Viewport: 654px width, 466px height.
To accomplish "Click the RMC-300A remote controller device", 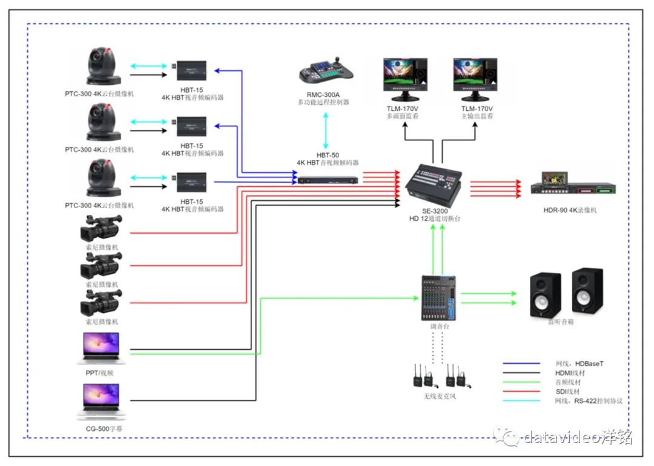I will [326, 73].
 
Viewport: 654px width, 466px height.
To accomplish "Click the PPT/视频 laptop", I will [102, 348].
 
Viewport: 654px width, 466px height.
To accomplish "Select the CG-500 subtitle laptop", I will [102, 402].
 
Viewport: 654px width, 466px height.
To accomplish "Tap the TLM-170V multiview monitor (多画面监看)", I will [405, 79].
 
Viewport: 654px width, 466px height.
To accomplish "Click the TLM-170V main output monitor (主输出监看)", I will [474, 79].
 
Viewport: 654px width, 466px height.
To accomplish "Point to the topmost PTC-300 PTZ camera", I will [104, 65].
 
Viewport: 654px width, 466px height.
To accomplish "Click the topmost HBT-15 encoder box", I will [191, 70].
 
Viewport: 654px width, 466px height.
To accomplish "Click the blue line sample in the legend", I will [521, 363].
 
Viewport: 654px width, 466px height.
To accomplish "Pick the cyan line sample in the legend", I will [521, 401].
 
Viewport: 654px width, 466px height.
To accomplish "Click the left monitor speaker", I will [546, 295].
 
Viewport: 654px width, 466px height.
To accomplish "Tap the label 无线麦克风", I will [440, 396].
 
